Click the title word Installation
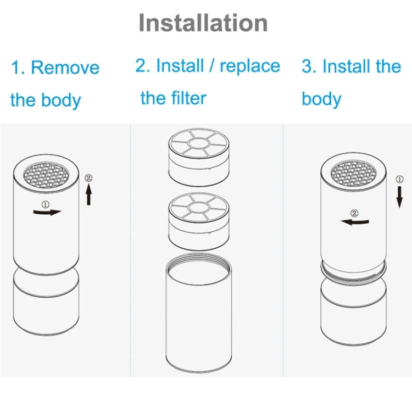point(203,23)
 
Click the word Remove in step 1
point(65,68)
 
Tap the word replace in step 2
point(250,66)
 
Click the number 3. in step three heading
point(309,67)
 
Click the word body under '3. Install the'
point(321,99)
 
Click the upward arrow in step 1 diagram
point(89,195)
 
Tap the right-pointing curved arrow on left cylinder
point(48,211)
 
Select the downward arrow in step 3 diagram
point(400,197)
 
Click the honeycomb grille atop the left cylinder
point(46,174)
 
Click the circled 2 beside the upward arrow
point(89,179)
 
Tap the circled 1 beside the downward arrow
point(400,179)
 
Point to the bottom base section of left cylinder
point(46,305)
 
